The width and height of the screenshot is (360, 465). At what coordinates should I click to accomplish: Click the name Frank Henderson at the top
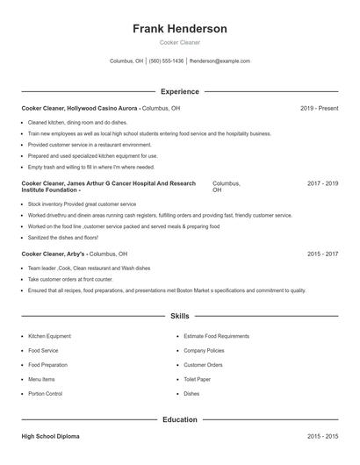coord(179,29)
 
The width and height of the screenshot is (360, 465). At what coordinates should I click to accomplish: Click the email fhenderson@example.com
coord(220,61)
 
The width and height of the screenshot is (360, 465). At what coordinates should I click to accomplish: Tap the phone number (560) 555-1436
coord(167,61)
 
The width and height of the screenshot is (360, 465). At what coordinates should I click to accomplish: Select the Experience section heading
coord(179,91)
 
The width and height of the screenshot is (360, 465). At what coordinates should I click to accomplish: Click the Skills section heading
coord(179,315)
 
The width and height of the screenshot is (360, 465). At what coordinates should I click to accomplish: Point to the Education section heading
coord(179,419)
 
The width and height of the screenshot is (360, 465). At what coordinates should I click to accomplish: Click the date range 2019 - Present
coord(319,108)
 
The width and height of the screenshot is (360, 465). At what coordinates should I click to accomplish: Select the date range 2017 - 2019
coord(322,183)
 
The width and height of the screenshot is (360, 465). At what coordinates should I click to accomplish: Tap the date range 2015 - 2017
coord(322,254)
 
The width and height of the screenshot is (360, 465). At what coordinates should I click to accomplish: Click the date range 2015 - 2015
coord(322,436)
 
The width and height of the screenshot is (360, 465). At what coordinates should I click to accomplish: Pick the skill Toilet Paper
coord(198,379)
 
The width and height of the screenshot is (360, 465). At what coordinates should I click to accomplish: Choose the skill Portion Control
coord(45,394)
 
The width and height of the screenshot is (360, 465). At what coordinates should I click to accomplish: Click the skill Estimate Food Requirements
coord(216,336)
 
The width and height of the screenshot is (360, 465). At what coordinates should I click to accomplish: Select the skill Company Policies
coord(204,350)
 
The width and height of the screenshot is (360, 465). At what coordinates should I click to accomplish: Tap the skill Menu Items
coord(41,379)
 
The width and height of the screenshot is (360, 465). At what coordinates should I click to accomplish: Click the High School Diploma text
coord(52,436)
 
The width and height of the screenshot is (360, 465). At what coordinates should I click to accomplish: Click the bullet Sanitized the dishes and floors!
coord(63,237)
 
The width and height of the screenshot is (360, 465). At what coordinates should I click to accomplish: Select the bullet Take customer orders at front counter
coord(70,279)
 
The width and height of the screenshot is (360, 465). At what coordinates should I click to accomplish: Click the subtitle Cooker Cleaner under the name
coord(179,43)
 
